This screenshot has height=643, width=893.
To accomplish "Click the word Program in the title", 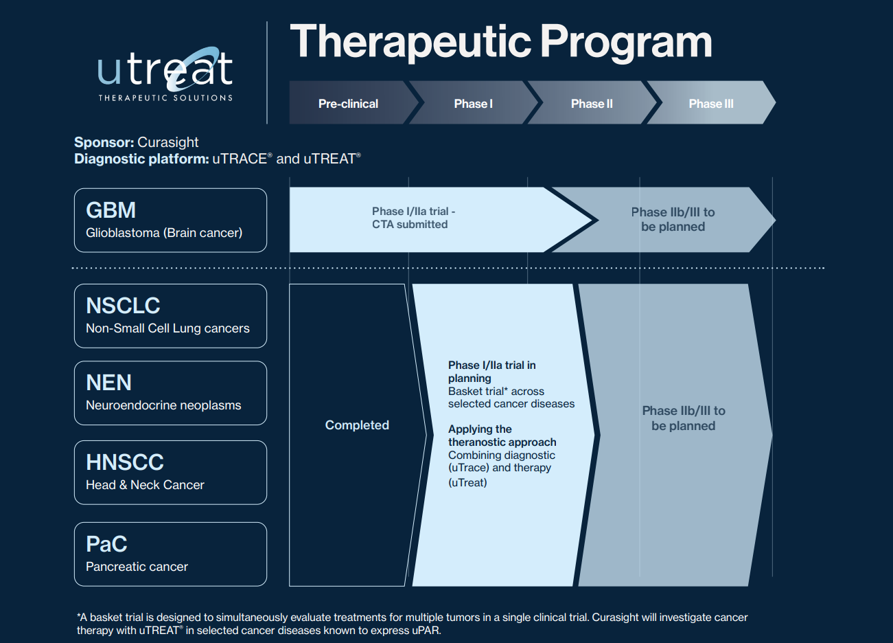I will pyautogui.click(x=626, y=42).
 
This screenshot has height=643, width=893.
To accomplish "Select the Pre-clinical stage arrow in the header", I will pyautogui.click(x=348, y=104).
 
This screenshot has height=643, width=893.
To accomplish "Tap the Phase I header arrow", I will pyautogui.click(x=473, y=104).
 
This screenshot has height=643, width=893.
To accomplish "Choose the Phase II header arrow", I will pyautogui.click(x=592, y=104).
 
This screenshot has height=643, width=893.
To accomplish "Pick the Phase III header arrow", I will pyautogui.click(x=711, y=104).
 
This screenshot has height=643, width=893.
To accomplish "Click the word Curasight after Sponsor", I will pyautogui.click(x=168, y=142).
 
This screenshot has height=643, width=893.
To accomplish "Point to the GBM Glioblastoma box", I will pyautogui.click(x=170, y=220).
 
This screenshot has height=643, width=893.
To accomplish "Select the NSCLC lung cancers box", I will pyautogui.click(x=170, y=315).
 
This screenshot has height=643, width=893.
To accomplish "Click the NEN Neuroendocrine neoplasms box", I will pyautogui.click(x=170, y=393).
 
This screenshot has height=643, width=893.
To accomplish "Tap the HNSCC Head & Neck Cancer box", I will pyautogui.click(x=170, y=473).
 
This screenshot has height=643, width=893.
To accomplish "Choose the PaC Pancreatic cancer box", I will pyautogui.click(x=170, y=554).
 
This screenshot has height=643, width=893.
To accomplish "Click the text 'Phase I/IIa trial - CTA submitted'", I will pyautogui.click(x=413, y=218).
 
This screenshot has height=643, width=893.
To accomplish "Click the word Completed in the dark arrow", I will pyautogui.click(x=357, y=425).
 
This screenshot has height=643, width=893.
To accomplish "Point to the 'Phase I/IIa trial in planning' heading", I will pyautogui.click(x=491, y=372).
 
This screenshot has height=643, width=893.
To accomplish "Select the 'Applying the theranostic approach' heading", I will pyautogui.click(x=502, y=436).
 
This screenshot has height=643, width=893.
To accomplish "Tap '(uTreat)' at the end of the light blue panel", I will pyautogui.click(x=467, y=483).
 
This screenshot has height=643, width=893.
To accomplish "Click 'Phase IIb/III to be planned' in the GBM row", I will pyautogui.click(x=673, y=219).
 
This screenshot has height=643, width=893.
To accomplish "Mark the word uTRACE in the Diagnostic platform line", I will pyautogui.click(x=240, y=159).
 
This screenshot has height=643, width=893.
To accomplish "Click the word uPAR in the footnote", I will pyautogui.click(x=425, y=631).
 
